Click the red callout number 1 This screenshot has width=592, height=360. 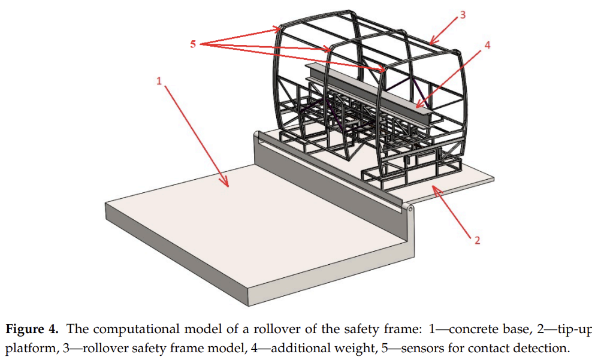pyautogui.click(x=159, y=81)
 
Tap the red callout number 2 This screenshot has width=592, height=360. pyautogui.click(x=477, y=240)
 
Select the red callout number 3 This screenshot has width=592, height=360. pyautogui.click(x=463, y=15)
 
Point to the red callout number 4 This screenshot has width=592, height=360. pyautogui.click(x=487, y=46)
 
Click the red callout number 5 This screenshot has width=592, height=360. pyautogui.click(x=193, y=44)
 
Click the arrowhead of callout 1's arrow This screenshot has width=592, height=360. pyautogui.click(x=226, y=184)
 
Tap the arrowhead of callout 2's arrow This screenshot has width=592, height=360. pyautogui.click(x=436, y=189)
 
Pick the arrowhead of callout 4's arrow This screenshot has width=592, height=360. pyautogui.click(x=418, y=105)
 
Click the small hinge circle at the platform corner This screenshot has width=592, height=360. pyautogui.click(x=410, y=209)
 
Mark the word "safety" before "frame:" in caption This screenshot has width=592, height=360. pyautogui.click(x=362, y=329)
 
